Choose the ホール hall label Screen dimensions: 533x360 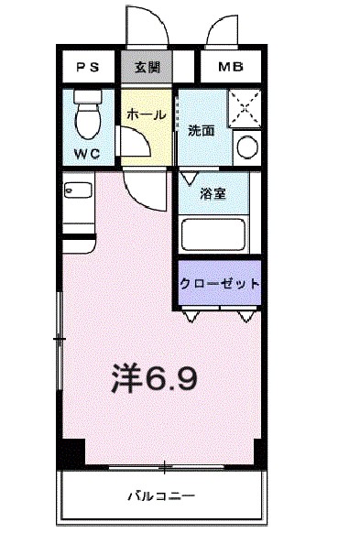[145, 115]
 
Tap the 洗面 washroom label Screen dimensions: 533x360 [202, 130]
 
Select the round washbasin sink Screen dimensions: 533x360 [245, 147]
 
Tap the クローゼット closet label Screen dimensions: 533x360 [219, 283]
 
